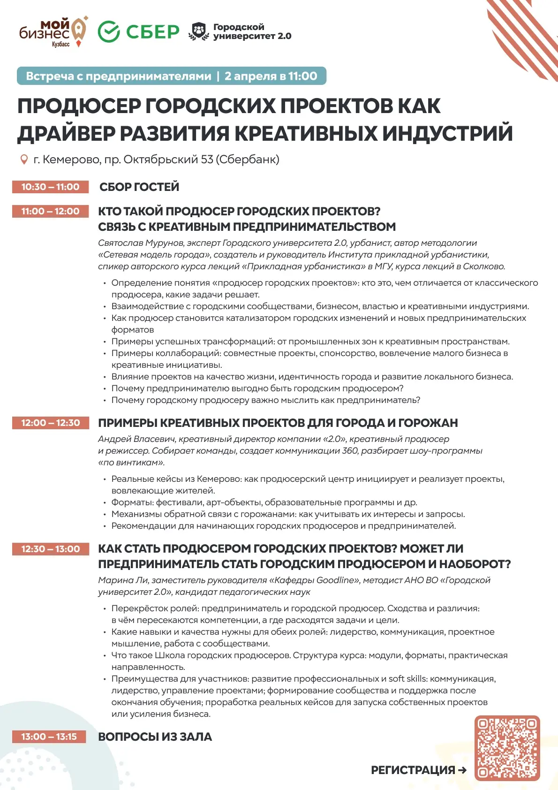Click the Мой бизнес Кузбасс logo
[x=53, y=32]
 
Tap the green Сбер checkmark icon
[x=109, y=32]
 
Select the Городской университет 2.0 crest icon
[x=199, y=31]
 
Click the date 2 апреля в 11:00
[x=271, y=76]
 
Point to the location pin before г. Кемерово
[x=24, y=160]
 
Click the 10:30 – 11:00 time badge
[x=50, y=187]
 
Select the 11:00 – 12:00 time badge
[x=50, y=211]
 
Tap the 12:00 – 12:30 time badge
[x=50, y=423]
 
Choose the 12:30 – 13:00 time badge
[x=50, y=549]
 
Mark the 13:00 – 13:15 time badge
[x=49, y=737]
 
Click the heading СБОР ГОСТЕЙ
[x=139, y=187]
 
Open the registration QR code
[x=507, y=748]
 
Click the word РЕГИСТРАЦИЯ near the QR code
[x=413, y=770]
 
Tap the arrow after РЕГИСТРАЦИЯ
[x=462, y=770]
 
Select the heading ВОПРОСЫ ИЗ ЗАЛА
[x=155, y=737]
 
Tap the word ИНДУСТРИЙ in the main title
[x=447, y=133]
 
